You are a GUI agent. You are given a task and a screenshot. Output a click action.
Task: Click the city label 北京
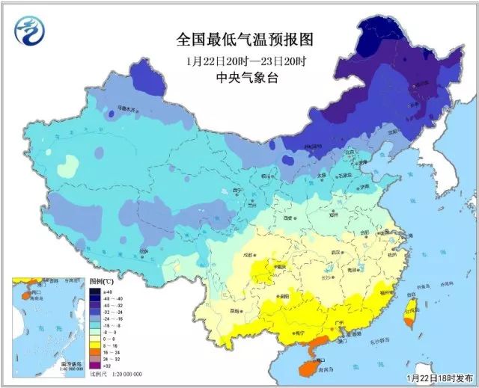(347, 152)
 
